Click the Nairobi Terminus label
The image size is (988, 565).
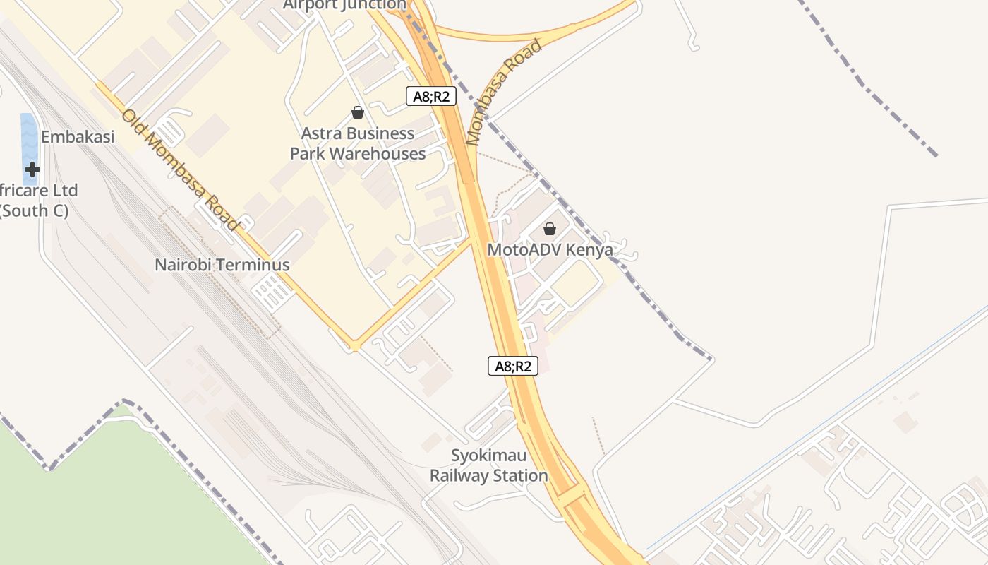(x=222, y=266)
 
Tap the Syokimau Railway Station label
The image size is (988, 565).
(x=489, y=465)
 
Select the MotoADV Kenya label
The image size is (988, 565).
(x=550, y=249)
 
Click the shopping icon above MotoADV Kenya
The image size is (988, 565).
(x=550, y=229)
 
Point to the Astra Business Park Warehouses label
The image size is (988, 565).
(x=358, y=143)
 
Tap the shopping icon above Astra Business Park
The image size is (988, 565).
(x=358, y=112)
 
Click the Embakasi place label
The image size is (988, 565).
(x=78, y=137)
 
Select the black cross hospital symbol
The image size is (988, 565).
(x=32, y=169)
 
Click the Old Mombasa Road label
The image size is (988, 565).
(x=181, y=169)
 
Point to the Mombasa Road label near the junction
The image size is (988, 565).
(x=504, y=92)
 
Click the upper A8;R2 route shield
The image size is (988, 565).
(x=430, y=97)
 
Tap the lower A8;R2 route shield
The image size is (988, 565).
(x=512, y=366)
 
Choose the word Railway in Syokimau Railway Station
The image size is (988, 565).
(x=460, y=476)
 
